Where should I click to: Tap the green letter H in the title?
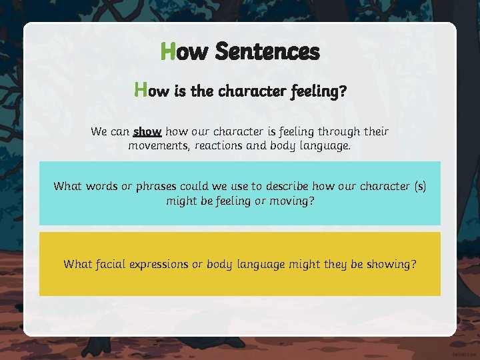coord(168,51)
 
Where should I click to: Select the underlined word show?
coord(147,131)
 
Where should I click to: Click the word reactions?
coord(221,145)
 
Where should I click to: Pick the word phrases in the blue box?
coord(155,186)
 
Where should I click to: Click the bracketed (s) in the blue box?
coord(419,186)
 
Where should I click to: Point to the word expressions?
coord(162,265)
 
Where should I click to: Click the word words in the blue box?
coord(102,186)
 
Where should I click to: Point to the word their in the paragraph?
coord(374,131)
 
